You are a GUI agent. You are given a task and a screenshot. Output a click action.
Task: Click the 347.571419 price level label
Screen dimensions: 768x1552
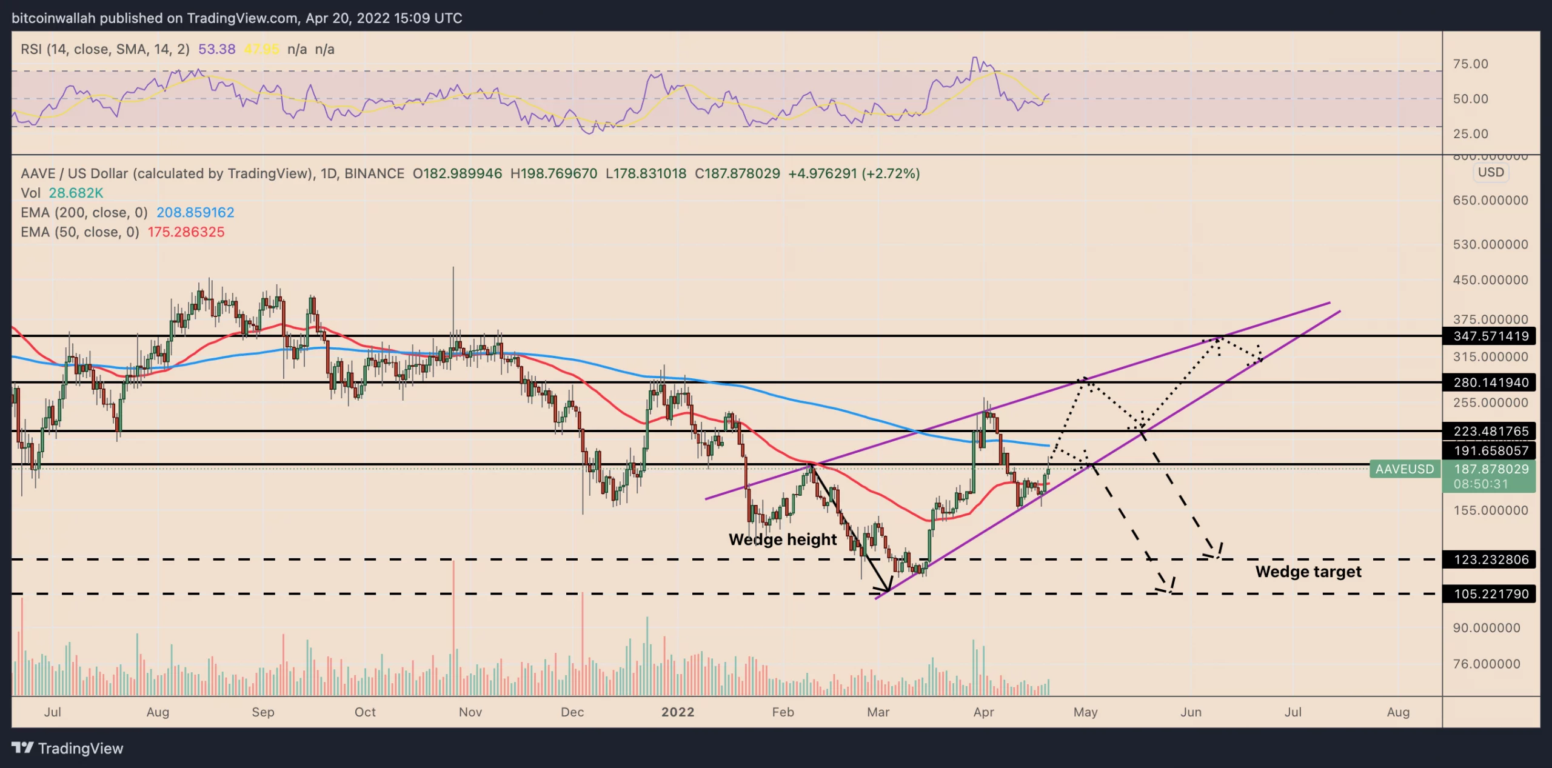click(x=1491, y=336)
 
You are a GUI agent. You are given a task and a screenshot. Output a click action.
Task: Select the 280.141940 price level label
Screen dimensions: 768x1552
click(x=1491, y=382)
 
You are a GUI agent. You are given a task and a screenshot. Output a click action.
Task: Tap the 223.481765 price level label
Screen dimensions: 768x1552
click(x=1491, y=431)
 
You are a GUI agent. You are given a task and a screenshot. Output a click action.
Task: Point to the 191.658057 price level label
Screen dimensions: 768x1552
click(x=1491, y=450)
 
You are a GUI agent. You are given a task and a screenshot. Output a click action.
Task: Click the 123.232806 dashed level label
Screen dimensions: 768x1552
click(x=1491, y=559)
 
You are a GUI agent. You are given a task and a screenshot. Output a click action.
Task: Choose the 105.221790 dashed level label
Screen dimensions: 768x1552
click(x=1491, y=594)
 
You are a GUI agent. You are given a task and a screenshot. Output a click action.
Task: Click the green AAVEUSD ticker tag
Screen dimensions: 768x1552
click(x=1404, y=469)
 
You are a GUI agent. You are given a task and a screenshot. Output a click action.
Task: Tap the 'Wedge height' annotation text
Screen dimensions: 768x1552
click(x=782, y=539)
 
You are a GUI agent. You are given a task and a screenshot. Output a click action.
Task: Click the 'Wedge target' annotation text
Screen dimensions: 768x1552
click(x=1308, y=572)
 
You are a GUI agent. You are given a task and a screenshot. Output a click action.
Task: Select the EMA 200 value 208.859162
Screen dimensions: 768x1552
click(x=195, y=213)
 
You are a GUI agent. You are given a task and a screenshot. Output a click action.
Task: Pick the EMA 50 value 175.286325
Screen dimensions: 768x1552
click(x=186, y=232)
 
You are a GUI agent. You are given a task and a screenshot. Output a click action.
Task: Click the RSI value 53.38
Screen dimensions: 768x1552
click(x=216, y=49)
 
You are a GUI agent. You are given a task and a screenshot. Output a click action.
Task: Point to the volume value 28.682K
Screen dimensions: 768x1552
click(x=76, y=193)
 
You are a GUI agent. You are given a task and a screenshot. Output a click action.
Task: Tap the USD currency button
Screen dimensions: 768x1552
click(x=1490, y=172)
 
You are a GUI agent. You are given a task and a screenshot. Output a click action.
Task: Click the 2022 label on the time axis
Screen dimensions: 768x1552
click(x=677, y=712)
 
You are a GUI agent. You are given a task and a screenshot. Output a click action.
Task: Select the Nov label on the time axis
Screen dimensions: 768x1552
click(x=470, y=712)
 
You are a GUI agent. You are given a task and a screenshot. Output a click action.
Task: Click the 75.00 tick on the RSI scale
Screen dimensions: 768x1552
click(x=1470, y=64)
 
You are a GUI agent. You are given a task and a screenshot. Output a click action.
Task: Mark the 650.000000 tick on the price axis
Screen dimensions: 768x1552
click(x=1490, y=201)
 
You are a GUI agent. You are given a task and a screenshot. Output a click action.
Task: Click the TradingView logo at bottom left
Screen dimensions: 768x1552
click(x=67, y=749)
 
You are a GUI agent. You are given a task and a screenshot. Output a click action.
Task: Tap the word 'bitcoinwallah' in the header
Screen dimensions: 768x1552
click(x=53, y=18)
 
